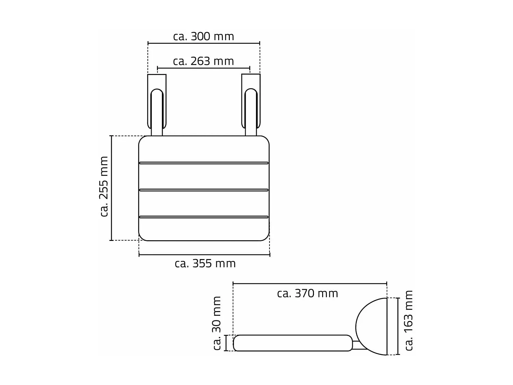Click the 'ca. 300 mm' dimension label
[x=203, y=36]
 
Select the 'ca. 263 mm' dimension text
[x=203, y=61]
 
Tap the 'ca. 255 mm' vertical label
[x=104, y=187]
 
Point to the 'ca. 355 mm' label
[x=205, y=264]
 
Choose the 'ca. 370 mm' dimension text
[x=307, y=293]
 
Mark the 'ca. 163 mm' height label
[x=409, y=320]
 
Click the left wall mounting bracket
[x=157, y=103]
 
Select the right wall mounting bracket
[x=251, y=103]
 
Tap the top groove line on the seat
[x=204, y=163]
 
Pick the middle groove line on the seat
[x=204, y=190]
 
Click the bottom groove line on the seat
[x=204, y=217]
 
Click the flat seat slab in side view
[x=292, y=343]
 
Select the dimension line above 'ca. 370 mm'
[x=310, y=283]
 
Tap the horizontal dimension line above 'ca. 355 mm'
[x=204, y=255]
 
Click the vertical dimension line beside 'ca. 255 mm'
[x=111, y=188]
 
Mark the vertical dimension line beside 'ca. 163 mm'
[x=398, y=326]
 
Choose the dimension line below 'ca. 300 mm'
[x=203, y=43]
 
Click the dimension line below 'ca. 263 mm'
[x=203, y=68]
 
